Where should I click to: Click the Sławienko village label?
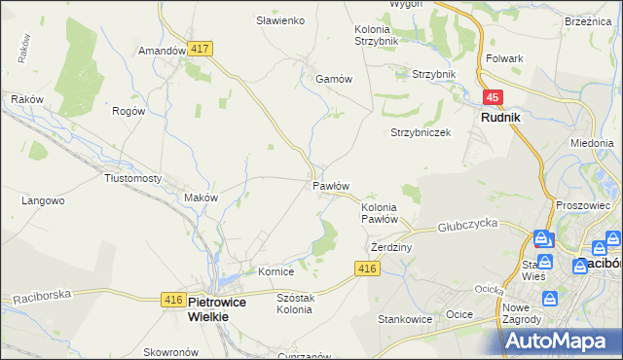(x=280, y=20)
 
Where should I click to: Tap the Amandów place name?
(x=162, y=51)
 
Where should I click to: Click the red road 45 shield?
(x=494, y=97)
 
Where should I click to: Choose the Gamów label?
(x=332, y=80)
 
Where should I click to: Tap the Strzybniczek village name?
(x=421, y=132)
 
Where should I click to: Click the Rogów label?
(x=128, y=111)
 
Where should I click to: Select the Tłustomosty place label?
(x=132, y=178)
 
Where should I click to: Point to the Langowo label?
(x=43, y=200)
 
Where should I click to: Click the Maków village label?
(x=201, y=198)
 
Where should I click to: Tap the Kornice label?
(x=275, y=271)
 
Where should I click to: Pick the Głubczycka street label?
(x=467, y=223)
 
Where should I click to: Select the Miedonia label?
(x=592, y=142)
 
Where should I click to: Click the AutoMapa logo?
(x=562, y=341)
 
